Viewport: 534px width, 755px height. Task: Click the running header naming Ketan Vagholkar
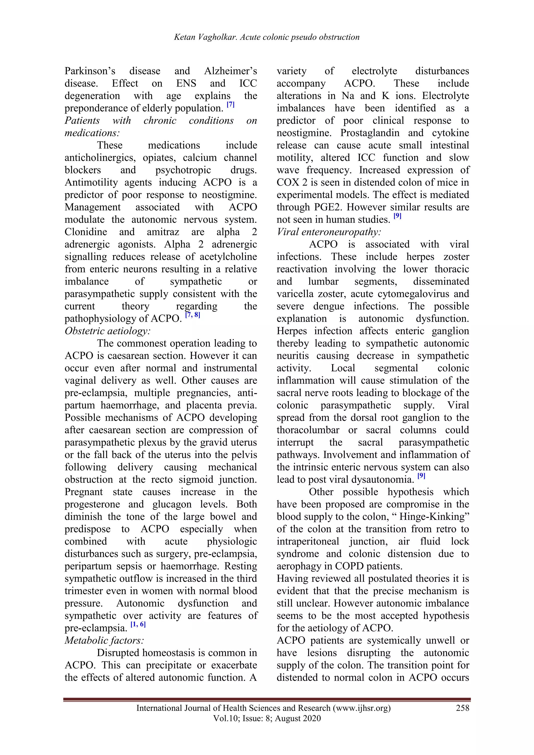coord(267,37)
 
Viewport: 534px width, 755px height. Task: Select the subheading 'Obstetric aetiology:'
coord(107,331)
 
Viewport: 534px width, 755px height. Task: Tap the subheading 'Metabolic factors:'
coord(105,640)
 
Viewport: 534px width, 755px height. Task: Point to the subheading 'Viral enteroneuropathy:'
coord(329,232)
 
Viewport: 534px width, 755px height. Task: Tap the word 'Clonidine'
coord(86,232)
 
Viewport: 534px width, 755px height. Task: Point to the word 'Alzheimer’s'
coord(230,71)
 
